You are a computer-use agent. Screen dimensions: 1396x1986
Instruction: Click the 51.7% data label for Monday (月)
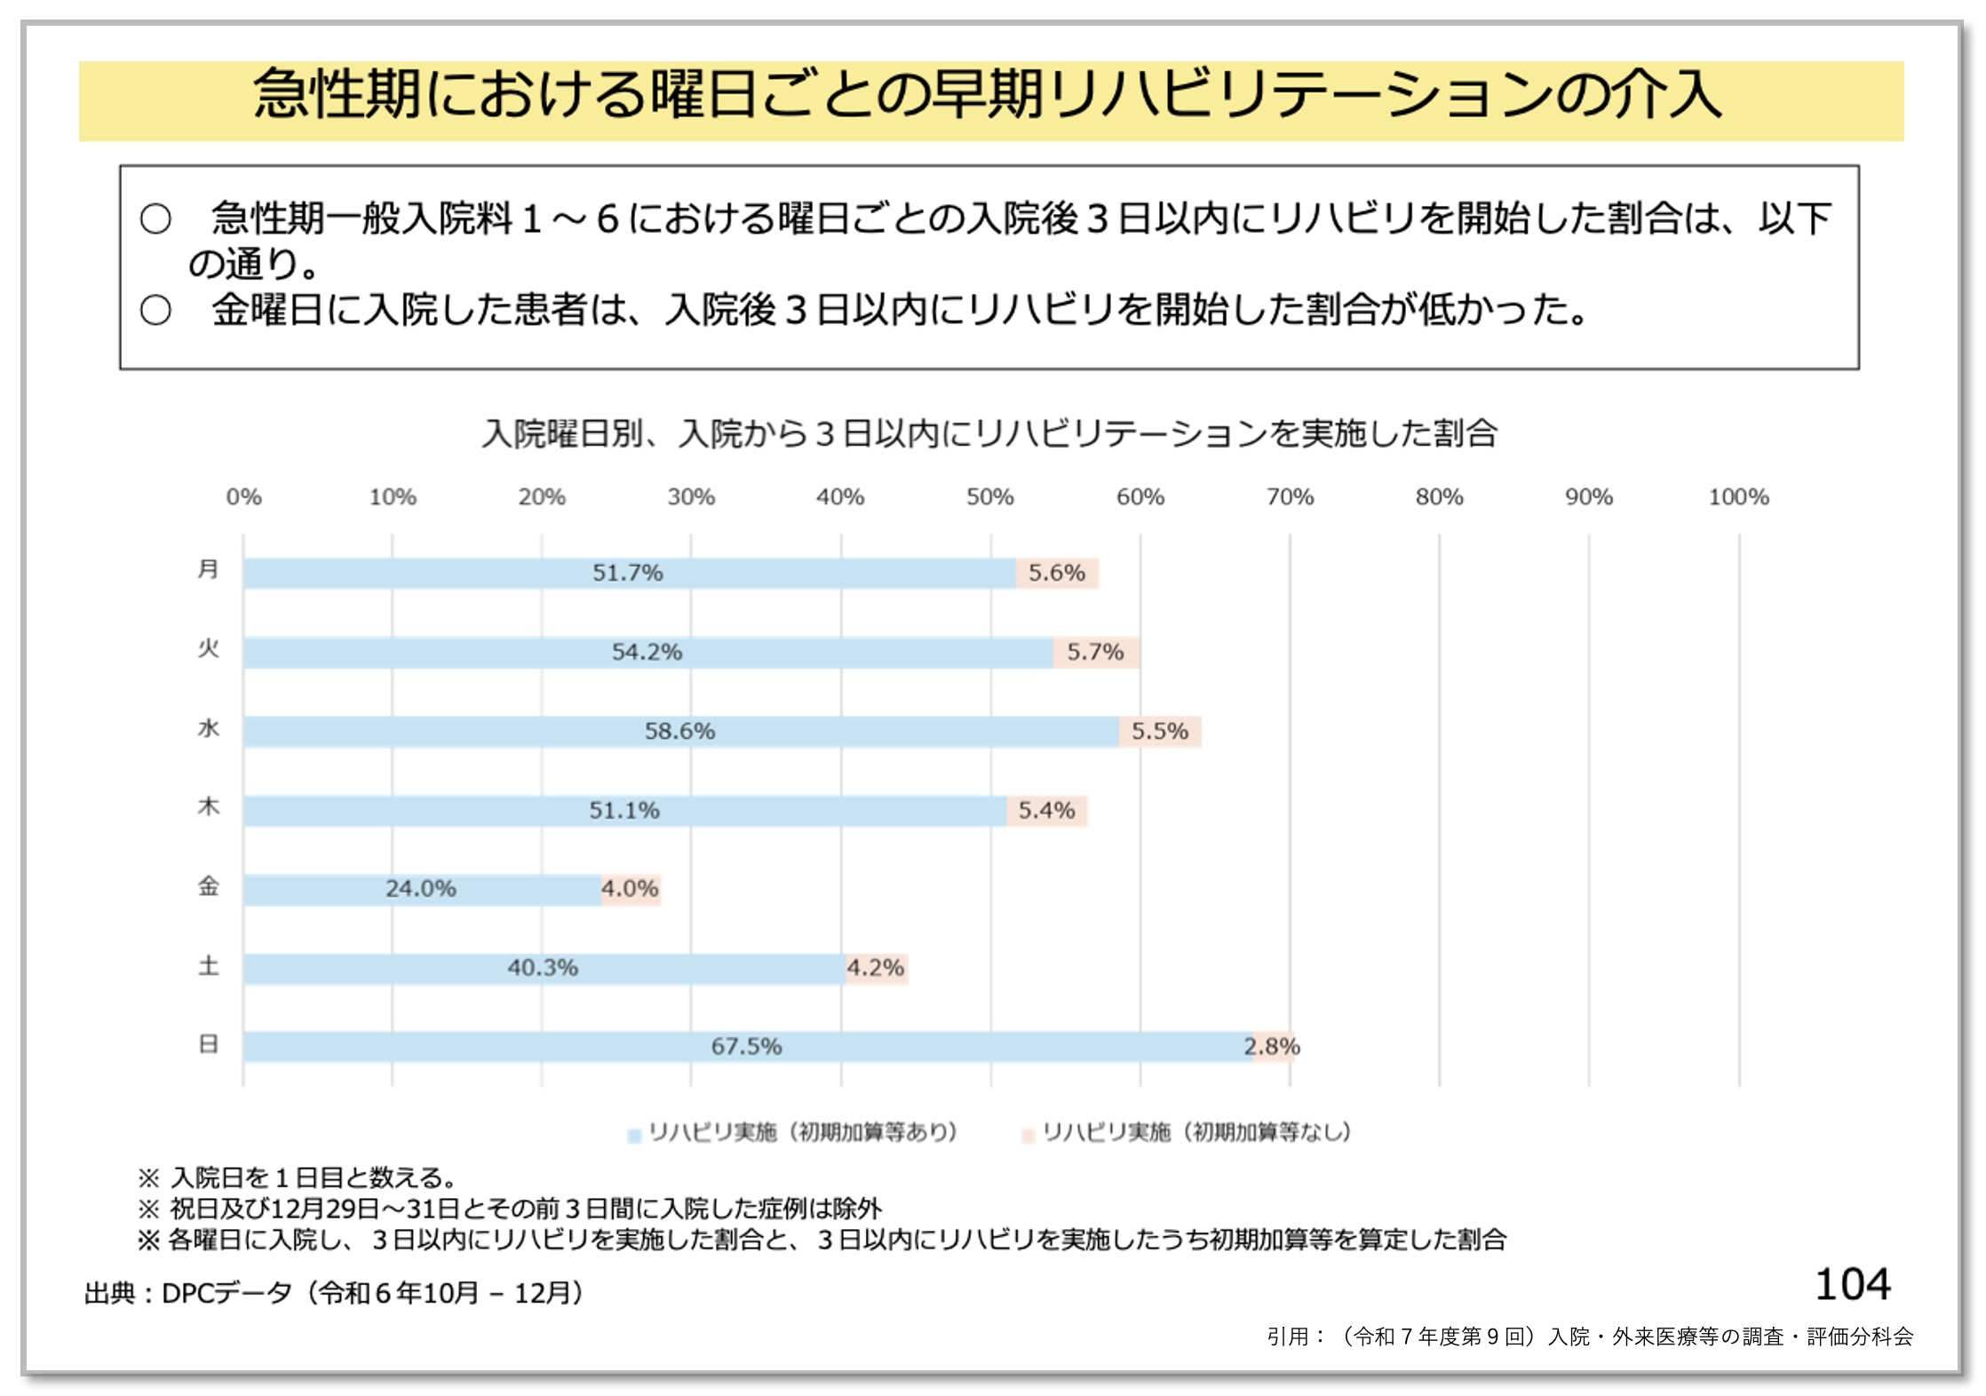pos(627,573)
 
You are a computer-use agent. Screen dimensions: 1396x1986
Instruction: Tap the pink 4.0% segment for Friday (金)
pos(631,889)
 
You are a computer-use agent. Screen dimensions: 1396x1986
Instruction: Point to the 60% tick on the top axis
pos(1140,497)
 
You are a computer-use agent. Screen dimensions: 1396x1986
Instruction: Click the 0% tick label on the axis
pos(243,497)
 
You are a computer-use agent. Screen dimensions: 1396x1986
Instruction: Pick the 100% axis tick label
pos(1738,497)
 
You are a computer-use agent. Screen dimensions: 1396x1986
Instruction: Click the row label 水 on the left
pos(208,729)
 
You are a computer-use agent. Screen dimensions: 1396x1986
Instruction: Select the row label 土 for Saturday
pos(208,965)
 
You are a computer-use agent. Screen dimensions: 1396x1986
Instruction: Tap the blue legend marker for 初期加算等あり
pos(634,1135)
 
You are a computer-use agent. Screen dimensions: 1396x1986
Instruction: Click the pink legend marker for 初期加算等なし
pos(1029,1135)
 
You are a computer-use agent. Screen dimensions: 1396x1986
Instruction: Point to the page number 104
pos(1852,1285)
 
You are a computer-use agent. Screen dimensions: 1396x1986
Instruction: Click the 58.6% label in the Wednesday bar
pos(679,731)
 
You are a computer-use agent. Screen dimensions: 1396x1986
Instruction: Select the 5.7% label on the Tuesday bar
pos(1095,652)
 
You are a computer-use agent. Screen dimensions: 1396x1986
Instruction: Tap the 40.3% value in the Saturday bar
pos(542,967)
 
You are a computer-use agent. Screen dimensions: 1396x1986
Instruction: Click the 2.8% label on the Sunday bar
pos(1273,1046)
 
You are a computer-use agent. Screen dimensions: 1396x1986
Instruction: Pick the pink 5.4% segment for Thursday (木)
pos(1047,810)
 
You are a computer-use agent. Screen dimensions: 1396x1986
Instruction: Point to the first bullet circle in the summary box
pos(155,218)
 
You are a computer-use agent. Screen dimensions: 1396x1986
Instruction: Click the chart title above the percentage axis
pos(989,433)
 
